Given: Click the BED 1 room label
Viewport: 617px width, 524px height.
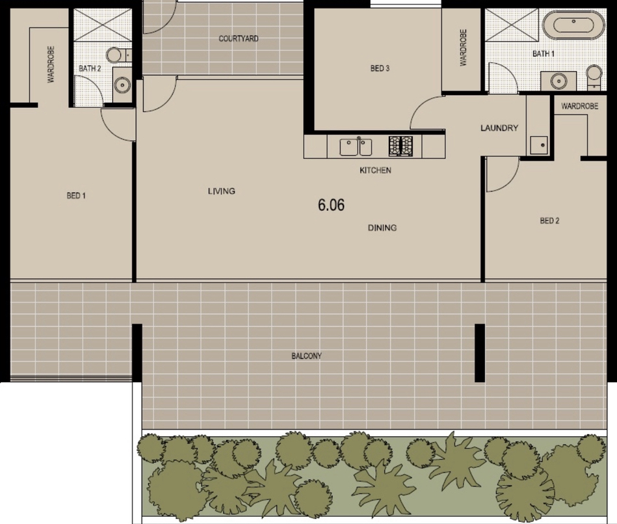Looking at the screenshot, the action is click(76, 195).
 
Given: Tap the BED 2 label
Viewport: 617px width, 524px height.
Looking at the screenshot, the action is click(549, 221).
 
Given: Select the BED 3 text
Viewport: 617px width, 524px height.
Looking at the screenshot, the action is click(380, 68).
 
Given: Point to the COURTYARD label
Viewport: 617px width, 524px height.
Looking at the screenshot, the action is click(239, 38).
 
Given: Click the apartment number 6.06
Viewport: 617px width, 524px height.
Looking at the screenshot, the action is click(332, 205).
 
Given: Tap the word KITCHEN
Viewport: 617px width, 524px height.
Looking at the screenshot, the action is click(375, 170).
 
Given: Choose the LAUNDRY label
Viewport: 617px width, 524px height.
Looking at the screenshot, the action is click(499, 128).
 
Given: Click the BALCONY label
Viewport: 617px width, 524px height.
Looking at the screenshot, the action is click(306, 356).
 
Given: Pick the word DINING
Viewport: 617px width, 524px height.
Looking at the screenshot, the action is click(382, 228).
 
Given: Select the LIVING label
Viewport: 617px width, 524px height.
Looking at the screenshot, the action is click(222, 191).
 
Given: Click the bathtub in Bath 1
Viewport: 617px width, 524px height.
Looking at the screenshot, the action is click(573, 25).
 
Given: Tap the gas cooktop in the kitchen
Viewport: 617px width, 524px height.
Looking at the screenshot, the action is click(400, 146).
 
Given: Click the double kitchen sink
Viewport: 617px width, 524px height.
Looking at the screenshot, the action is click(356, 147).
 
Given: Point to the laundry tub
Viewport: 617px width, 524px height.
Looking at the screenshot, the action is click(539, 145).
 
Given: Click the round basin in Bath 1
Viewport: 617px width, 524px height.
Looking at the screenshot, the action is click(558, 81).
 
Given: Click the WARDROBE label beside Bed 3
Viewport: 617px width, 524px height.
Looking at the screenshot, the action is click(463, 48).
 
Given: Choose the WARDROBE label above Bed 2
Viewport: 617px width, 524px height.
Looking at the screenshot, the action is click(580, 106).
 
